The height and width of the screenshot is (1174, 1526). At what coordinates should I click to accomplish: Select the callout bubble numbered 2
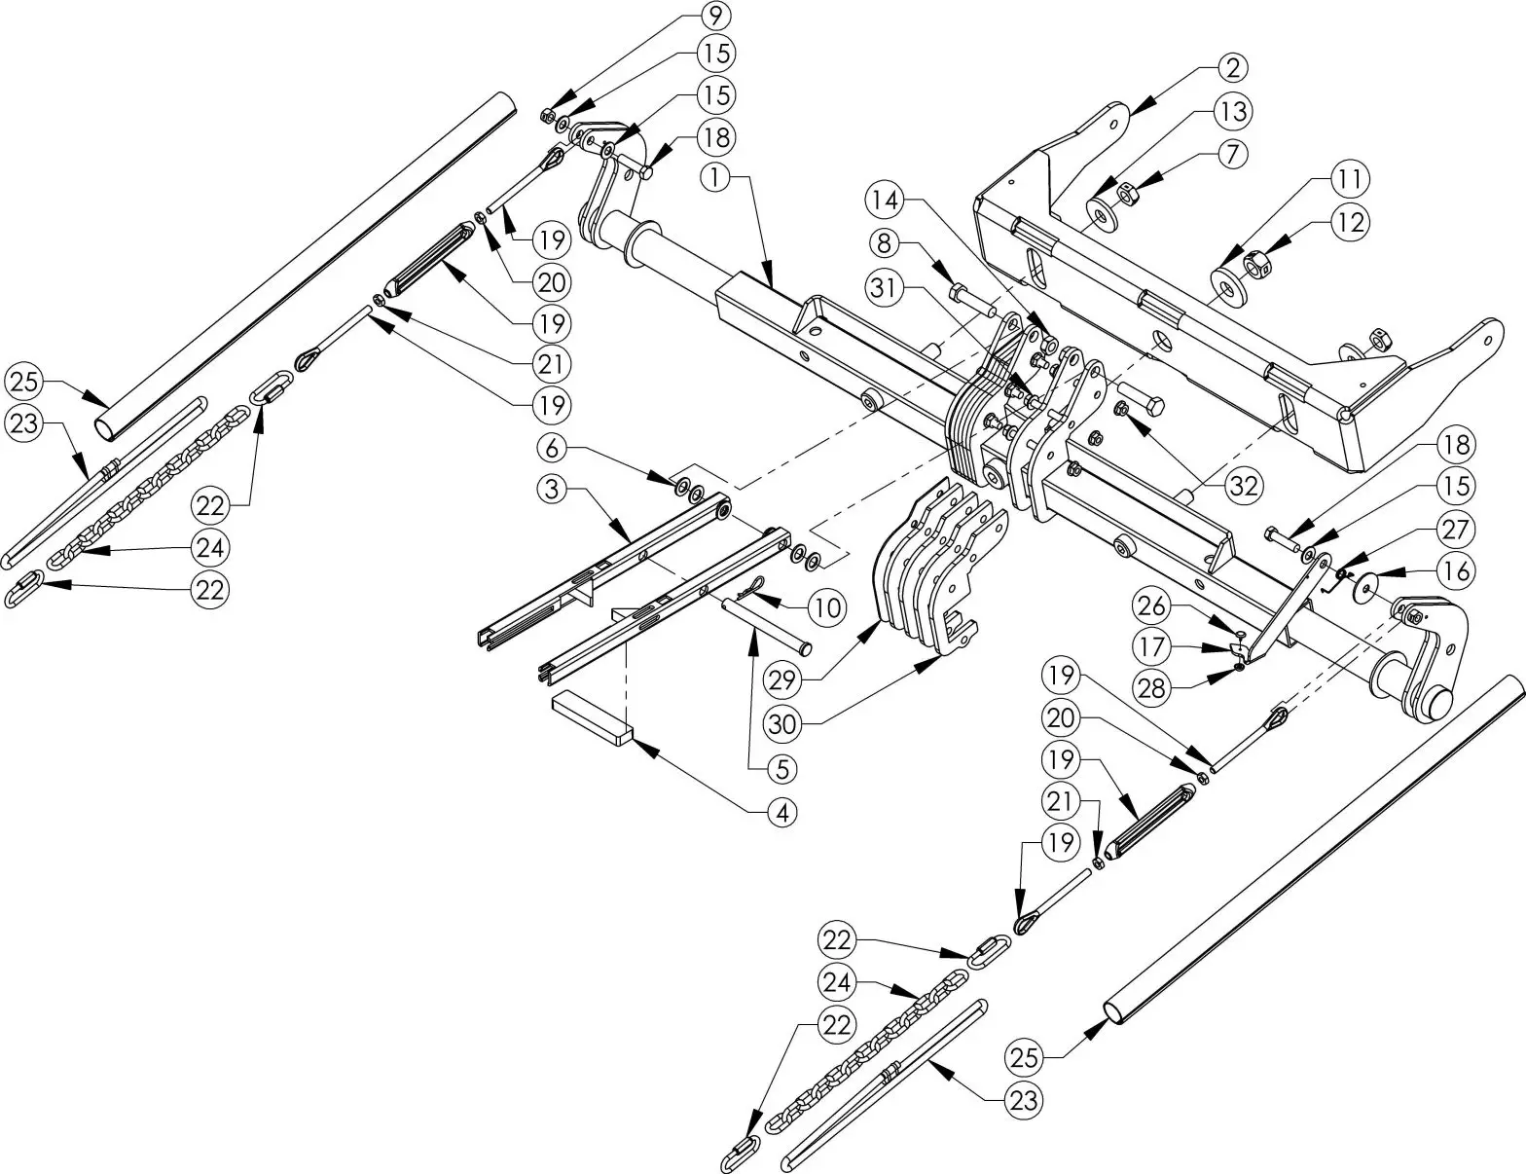(1232, 67)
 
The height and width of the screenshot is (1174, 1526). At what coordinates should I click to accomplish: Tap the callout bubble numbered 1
(714, 177)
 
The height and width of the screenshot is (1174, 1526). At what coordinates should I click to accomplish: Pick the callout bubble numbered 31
(883, 288)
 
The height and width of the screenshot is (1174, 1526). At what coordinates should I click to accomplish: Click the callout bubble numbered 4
(782, 811)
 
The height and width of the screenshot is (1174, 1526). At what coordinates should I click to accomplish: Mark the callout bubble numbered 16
(1456, 569)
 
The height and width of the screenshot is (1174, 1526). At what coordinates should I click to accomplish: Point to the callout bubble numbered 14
(883, 201)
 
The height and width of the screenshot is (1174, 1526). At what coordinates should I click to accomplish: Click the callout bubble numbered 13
(1233, 111)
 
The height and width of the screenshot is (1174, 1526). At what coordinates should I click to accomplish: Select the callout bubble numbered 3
(552, 490)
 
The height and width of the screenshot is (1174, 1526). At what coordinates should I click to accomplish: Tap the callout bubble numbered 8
(883, 243)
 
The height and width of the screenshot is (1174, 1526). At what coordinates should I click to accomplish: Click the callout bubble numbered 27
(1456, 529)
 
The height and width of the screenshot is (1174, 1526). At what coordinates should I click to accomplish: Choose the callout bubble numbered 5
(782, 768)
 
